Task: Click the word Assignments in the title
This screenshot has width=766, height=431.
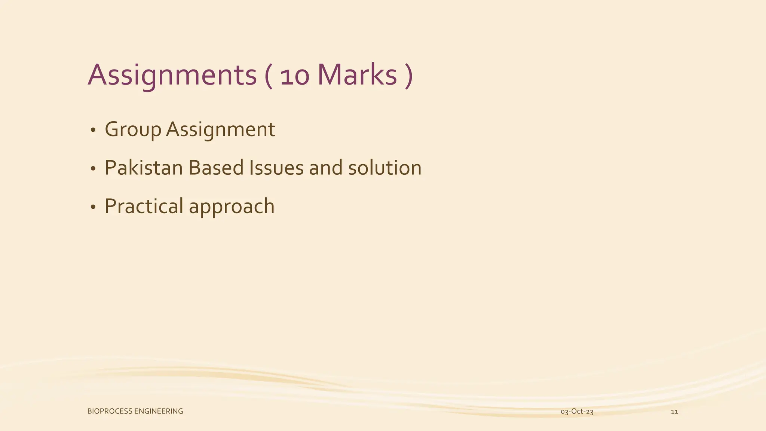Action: point(172,76)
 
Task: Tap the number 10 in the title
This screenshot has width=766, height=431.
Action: point(295,76)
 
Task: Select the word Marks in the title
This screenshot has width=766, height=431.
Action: point(357,76)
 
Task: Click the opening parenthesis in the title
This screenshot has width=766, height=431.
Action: point(268,76)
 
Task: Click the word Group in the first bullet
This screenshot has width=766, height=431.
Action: point(133,130)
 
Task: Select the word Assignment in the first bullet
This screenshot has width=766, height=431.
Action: point(221,130)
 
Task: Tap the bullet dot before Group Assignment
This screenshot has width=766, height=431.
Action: point(93,131)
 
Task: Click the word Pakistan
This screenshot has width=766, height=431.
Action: point(144,168)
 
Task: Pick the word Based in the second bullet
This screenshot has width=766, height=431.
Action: point(216,168)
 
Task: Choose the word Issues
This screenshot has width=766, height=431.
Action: point(276,168)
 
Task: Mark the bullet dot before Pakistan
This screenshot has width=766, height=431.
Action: point(93,169)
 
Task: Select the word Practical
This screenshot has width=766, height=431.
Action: point(144,207)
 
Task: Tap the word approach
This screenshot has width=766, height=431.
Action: point(232,207)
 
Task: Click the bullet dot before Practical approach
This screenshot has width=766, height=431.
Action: point(93,208)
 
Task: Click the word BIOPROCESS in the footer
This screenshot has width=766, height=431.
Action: point(110,412)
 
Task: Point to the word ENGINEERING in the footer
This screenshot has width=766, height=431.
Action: point(159,412)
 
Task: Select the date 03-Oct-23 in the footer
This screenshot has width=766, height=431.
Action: point(577,412)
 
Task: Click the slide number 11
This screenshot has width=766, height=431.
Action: point(674,412)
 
